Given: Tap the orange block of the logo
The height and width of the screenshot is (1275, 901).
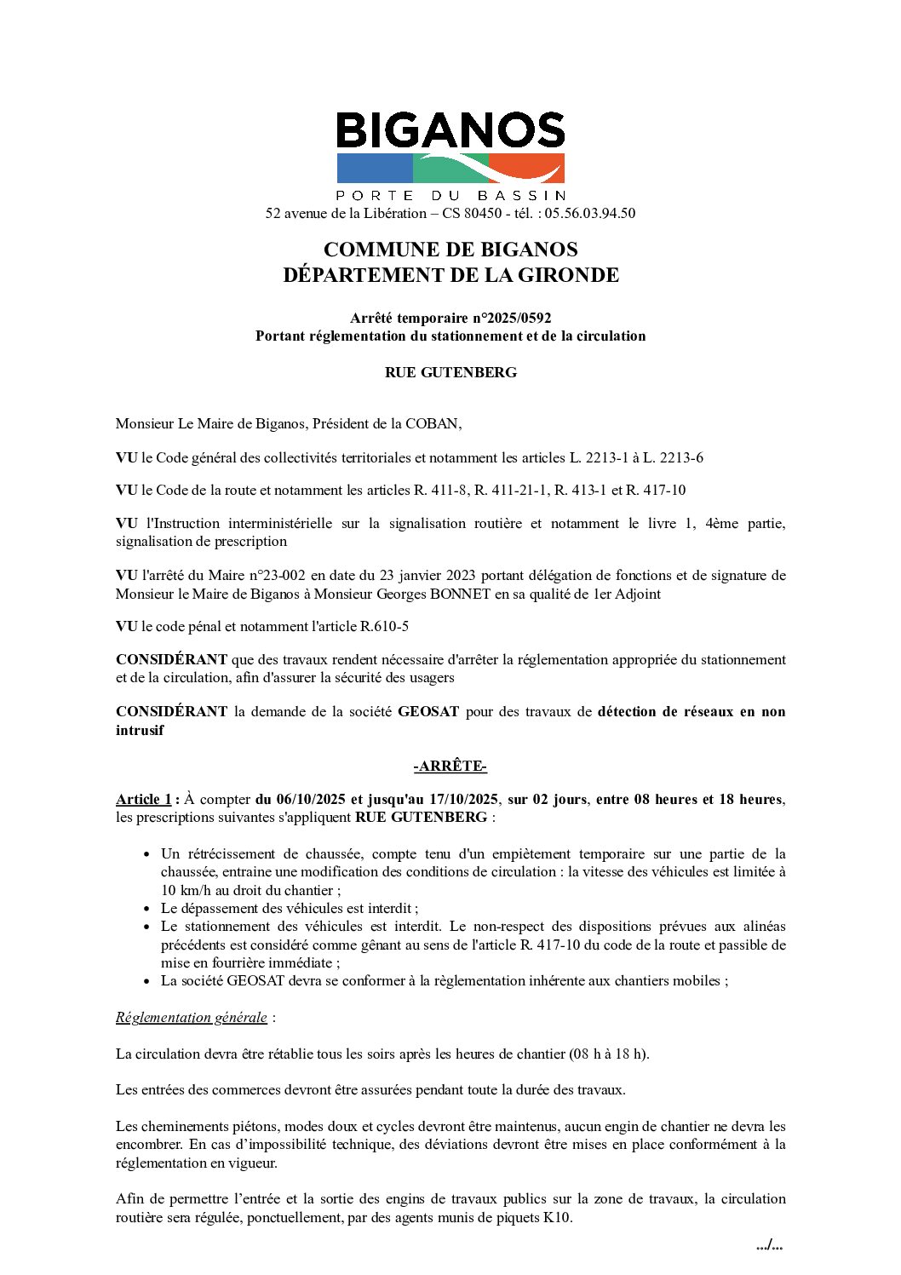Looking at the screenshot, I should click(528, 168).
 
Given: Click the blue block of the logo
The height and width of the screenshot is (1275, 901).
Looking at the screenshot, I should click(373, 169).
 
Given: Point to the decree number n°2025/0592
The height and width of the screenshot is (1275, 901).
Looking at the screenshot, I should click(511, 318).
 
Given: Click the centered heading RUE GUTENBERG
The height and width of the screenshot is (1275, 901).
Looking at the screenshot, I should click(450, 372).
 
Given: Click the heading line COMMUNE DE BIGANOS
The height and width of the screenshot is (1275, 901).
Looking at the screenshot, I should click(450, 250).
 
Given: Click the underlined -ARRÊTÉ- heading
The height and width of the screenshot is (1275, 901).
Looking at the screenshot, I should click(450, 767).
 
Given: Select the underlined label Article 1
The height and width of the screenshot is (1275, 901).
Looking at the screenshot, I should click(143, 799).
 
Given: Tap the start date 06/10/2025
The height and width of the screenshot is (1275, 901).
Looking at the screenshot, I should click(300, 799).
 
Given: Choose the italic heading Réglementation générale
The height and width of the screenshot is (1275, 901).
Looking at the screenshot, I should click(191, 1017).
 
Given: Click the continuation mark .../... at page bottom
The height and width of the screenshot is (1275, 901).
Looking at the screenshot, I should click(769, 1245).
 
